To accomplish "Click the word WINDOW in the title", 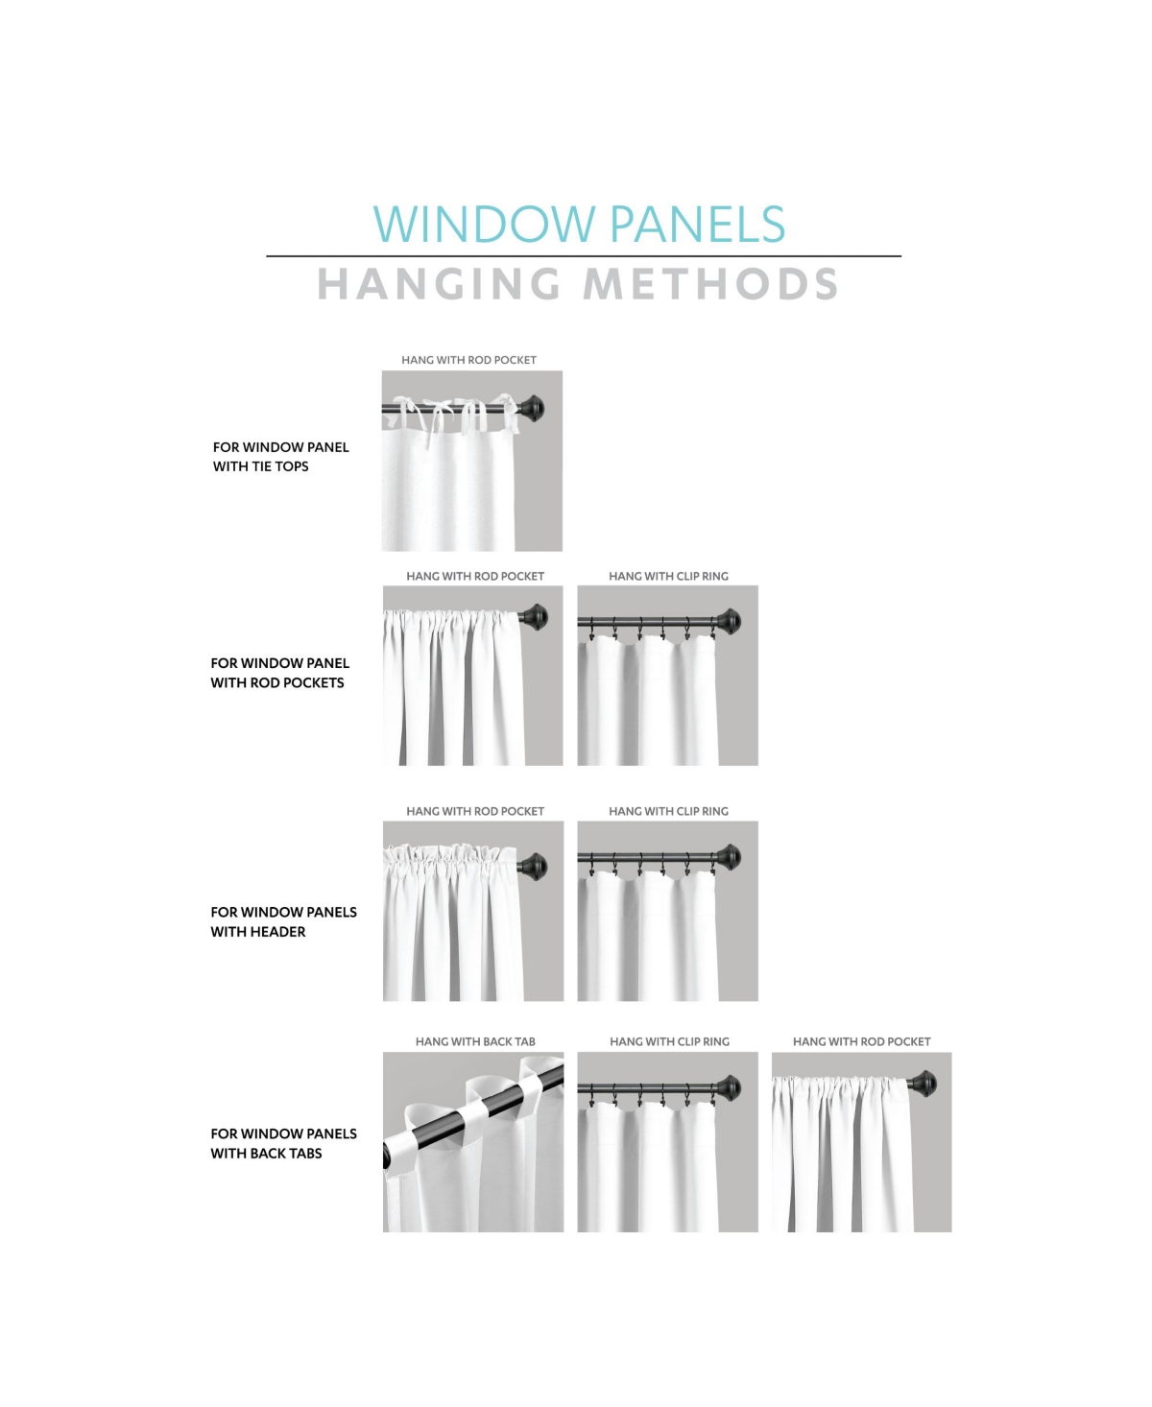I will pyautogui.click(x=485, y=225).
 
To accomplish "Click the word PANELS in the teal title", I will pyautogui.click(x=697, y=225).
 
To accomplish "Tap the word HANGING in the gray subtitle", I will pyautogui.click(x=439, y=284).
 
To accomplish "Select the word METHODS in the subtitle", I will pyautogui.click(x=711, y=284).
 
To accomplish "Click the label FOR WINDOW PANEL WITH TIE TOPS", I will pyautogui.click(x=280, y=457).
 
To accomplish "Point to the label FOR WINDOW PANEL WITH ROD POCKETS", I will pyautogui.click(x=279, y=673).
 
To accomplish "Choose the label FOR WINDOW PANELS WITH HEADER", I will pyautogui.click(x=283, y=921).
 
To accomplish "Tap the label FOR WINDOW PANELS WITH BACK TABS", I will pyautogui.click(x=283, y=1143).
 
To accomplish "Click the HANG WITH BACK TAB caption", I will pyautogui.click(x=475, y=1041).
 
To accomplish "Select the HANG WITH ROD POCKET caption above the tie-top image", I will pyautogui.click(x=468, y=360).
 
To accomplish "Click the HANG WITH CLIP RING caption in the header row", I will pyautogui.click(x=668, y=811).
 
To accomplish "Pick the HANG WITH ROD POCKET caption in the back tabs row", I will pyautogui.click(x=861, y=1041).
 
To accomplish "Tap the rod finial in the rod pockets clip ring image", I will pyautogui.click(x=729, y=621).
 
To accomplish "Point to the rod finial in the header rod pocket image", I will pyautogui.click(x=534, y=866).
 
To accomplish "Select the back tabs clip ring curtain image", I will pyautogui.click(x=667, y=1142).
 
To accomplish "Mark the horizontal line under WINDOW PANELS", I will pyautogui.click(x=583, y=256).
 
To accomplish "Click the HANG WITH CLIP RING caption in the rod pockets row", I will pyautogui.click(x=668, y=576).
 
